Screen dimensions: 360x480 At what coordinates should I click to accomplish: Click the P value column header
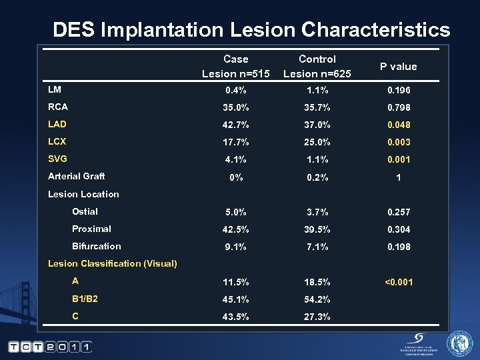tap(398, 66)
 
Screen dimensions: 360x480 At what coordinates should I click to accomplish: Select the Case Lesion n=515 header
tap(235, 66)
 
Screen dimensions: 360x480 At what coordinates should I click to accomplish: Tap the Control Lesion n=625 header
tap(317, 66)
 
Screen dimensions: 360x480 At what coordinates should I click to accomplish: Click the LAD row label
tap(57, 124)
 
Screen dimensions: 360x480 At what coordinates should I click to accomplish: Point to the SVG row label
tap(58, 159)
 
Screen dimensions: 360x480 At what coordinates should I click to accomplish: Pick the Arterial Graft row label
tap(76, 176)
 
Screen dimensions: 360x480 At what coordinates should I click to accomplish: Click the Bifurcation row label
tap(97, 246)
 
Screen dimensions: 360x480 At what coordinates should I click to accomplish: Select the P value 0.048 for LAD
tap(398, 125)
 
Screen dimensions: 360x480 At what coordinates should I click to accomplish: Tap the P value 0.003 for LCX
tap(398, 142)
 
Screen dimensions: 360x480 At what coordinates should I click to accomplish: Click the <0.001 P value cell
tap(398, 282)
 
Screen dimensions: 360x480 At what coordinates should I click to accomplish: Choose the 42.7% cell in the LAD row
tap(235, 125)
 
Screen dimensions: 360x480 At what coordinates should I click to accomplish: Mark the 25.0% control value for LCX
tap(317, 142)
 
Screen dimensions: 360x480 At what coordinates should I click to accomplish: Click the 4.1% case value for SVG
tap(235, 159)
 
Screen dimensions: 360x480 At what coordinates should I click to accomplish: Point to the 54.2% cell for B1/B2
tap(317, 299)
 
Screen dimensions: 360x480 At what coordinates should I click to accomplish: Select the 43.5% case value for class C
tap(235, 317)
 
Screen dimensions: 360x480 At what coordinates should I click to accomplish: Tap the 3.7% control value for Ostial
tap(317, 212)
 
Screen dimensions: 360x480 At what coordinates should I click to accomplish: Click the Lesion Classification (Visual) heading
tap(113, 263)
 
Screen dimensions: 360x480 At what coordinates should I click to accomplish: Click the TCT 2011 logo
tap(51, 346)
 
